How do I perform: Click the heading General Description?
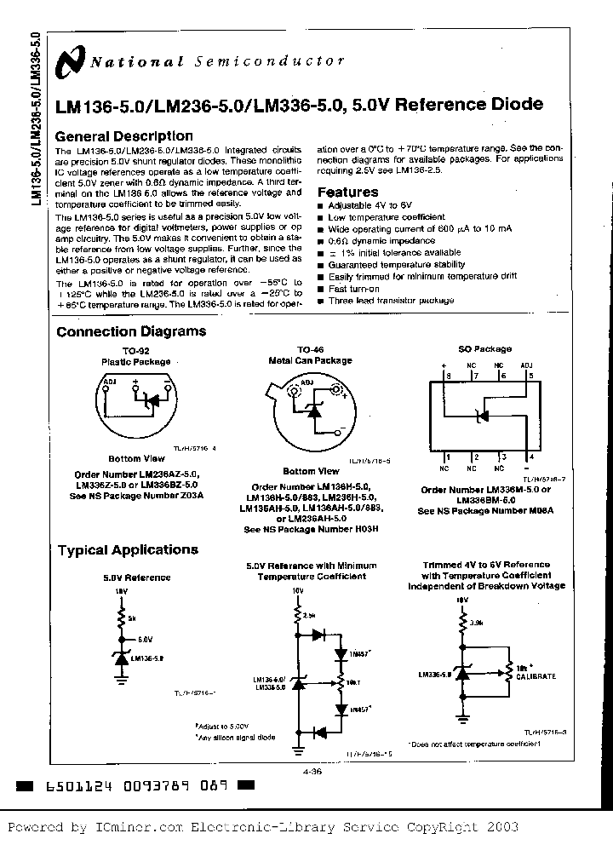[123, 136]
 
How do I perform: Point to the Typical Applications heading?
[128, 550]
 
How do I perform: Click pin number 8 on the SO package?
[444, 375]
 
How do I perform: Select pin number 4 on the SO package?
[531, 457]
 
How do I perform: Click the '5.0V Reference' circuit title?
[136, 578]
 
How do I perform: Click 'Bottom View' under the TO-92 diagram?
[136, 458]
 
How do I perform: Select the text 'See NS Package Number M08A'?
[485, 511]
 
